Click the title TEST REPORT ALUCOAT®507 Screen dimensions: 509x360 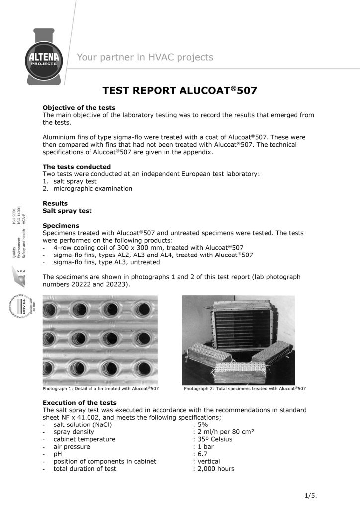[180, 91]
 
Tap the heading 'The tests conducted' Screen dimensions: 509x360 [77, 166]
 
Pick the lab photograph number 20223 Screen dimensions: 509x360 [120, 285]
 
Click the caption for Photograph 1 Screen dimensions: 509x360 [100, 388]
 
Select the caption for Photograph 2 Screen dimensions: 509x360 [245, 388]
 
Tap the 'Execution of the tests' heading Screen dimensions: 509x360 [80, 402]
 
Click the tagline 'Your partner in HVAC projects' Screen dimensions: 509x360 [145, 57]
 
